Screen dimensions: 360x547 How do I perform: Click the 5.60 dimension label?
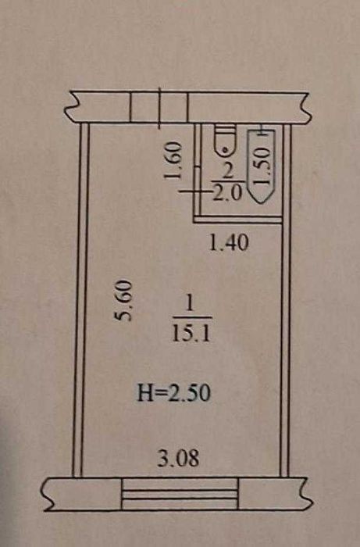pyautogui.click(x=123, y=300)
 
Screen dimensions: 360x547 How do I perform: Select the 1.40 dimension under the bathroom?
pyautogui.click(x=229, y=243)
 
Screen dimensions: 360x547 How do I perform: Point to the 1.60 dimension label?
pyautogui.click(x=173, y=159)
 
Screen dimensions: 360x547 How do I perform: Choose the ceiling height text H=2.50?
pyautogui.click(x=174, y=393)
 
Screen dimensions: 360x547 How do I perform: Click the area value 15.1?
pyautogui.click(x=191, y=334)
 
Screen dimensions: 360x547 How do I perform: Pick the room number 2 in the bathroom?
pyautogui.click(x=227, y=173)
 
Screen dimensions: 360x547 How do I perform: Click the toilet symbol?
pyautogui.click(x=225, y=140)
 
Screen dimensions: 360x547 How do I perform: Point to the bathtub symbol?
pyautogui.click(x=261, y=166)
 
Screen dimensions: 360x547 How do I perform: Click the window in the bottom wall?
pyautogui.click(x=180, y=494)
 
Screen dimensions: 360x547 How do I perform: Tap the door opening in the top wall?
pyautogui.click(x=159, y=108)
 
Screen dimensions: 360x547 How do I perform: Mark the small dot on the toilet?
pyautogui.click(x=225, y=150)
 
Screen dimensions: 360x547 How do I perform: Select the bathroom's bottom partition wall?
pyautogui.click(x=237, y=220)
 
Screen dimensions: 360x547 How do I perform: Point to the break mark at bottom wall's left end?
pyautogui.click(x=48, y=495)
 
